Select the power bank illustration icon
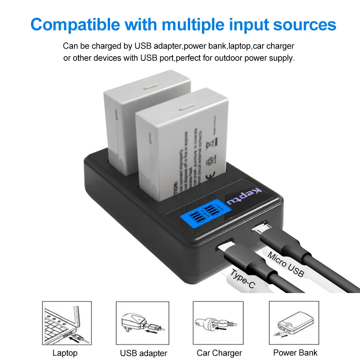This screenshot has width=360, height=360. pyautogui.click(x=294, y=323)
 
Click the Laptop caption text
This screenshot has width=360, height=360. pyautogui.click(x=65, y=353)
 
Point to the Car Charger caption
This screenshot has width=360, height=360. pyautogui.click(x=219, y=353)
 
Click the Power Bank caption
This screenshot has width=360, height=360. pyautogui.click(x=295, y=352)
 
